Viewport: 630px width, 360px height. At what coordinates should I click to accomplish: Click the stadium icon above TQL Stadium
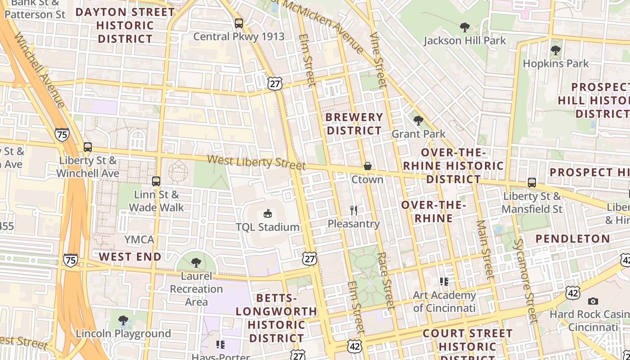point(268,213)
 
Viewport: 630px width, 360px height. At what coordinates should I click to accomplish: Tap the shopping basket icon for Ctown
point(368,166)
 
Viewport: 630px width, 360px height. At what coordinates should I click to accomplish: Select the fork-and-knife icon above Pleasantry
point(354,210)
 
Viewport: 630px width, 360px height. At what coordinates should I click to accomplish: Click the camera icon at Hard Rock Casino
point(593,301)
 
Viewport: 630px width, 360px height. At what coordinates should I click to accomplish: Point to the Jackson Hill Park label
point(465,40)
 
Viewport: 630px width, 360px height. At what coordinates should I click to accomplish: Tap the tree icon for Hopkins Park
point(556,50)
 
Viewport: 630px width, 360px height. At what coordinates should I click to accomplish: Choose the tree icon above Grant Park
point(418,120)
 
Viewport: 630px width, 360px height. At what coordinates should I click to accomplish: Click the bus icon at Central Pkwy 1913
point(239,23)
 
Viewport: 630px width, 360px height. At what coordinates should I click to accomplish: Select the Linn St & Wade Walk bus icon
point(156,181)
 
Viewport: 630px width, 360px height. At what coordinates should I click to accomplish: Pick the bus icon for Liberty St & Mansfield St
point(532,183)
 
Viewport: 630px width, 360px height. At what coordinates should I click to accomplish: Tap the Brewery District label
point(354,124)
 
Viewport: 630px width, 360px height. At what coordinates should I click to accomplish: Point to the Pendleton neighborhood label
point(573,238)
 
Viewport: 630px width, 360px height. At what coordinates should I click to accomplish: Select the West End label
point(130,257)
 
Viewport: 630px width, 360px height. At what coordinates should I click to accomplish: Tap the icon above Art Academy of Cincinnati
point(444,282)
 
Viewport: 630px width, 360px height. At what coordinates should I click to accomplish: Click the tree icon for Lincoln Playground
point(123,320)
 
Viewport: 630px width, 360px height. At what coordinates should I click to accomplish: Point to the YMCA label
point(139,239)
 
